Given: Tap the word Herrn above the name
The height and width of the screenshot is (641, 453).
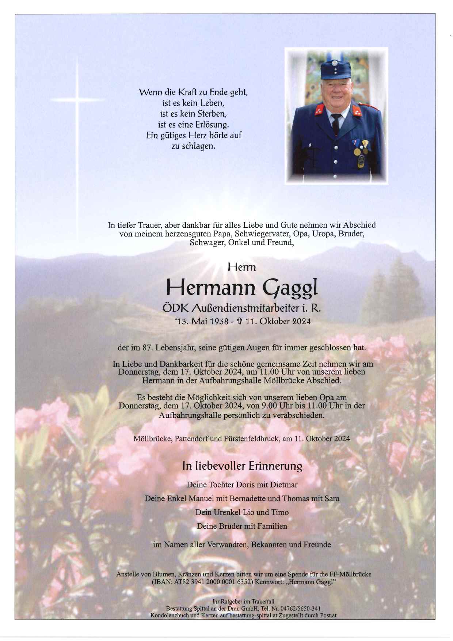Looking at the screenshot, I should pyautogui.click(x=242, y=268).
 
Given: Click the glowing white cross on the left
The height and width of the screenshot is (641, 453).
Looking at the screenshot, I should pyautogui.click(x=77, y=99).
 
